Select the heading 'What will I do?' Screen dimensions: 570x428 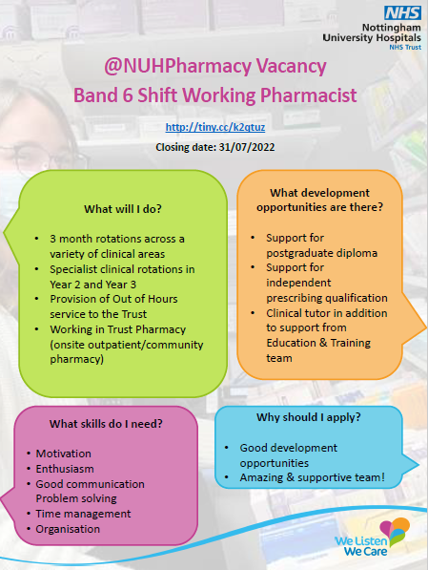coord(125,210)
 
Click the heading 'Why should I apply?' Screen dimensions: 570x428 coord(302,418)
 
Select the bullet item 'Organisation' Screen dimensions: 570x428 coord(67,528)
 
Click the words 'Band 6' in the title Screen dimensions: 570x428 coord(103,95)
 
